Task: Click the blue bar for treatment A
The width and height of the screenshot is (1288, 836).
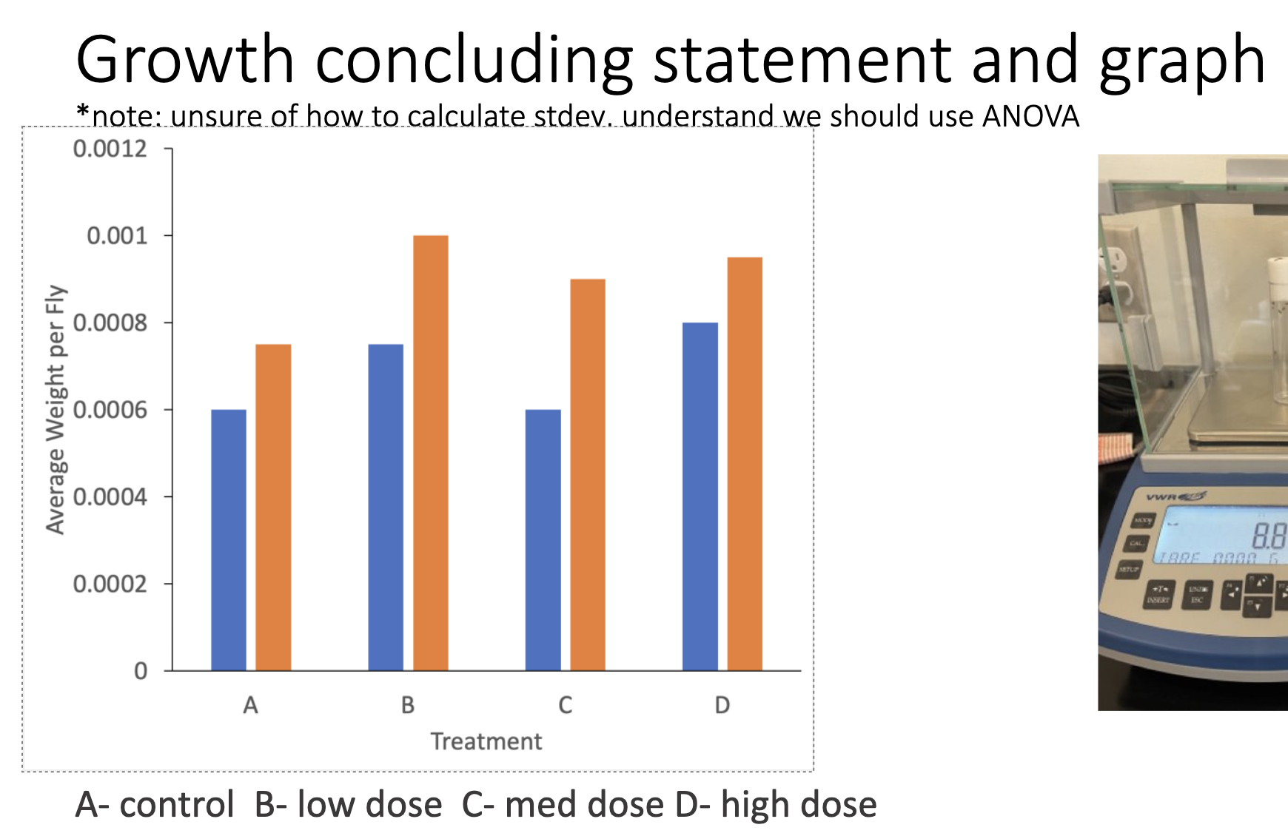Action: [x=228, y=540]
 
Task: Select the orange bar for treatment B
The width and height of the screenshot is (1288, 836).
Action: [x=430, y=453]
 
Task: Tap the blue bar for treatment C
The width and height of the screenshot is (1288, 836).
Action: [x=543, y=540]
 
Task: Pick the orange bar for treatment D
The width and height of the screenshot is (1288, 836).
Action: [x=744, y=464]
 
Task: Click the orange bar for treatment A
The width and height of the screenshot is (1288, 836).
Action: [x=273, y=508]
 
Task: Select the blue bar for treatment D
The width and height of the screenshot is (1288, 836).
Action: [x=700, y=496]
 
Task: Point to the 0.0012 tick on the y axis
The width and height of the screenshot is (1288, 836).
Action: [x=110, y=149]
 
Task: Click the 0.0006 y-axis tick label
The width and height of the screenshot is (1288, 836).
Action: [x=110, y=410]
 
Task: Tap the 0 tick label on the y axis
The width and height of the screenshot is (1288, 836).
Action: [x=140, y=671]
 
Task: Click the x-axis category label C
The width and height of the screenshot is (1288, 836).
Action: [x=565, y=705]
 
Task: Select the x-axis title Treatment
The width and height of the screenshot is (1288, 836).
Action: [x=486, y=741]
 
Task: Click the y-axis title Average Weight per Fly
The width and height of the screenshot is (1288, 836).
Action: [x=56, y=409]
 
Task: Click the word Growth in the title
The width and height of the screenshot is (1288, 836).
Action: [x=185, y=61]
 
